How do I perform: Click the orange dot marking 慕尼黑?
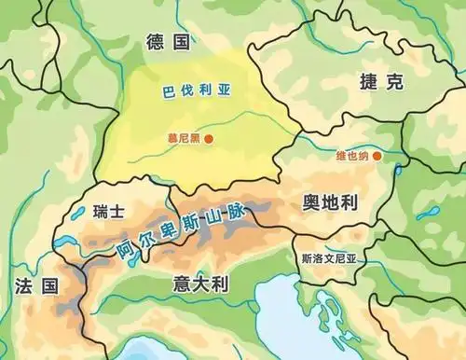tap(210, 140)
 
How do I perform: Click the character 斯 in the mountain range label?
tap(193, 225)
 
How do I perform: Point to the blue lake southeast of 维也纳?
tap(430, 214)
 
